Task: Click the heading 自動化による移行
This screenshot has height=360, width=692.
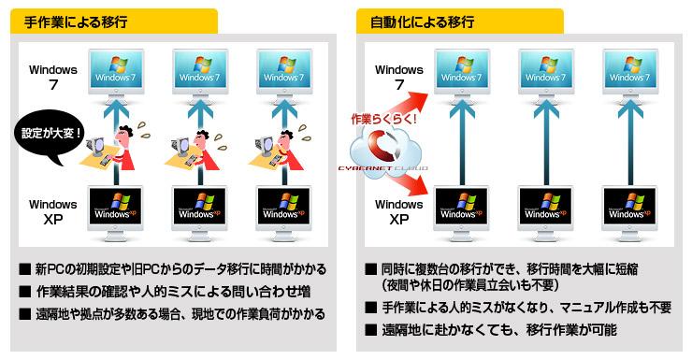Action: pyautogui.click(x=409, y=20)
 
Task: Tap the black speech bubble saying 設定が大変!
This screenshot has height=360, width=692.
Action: pyautogui.click(x=51, y=132)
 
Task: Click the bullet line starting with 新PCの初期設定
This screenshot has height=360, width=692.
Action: pyautogui.click(x=179, y=270)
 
